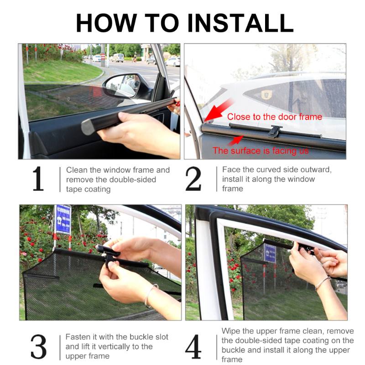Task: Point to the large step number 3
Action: (38, 347)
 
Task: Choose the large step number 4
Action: (193, 347)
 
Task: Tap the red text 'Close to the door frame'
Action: (274, 117)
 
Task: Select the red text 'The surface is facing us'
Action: (261, 151)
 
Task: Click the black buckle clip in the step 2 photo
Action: (275, 131)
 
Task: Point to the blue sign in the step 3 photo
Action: (63, 219)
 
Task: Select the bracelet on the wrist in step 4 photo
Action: (322, 282)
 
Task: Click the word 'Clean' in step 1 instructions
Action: (77, 170)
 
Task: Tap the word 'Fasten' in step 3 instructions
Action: (78, 337)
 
